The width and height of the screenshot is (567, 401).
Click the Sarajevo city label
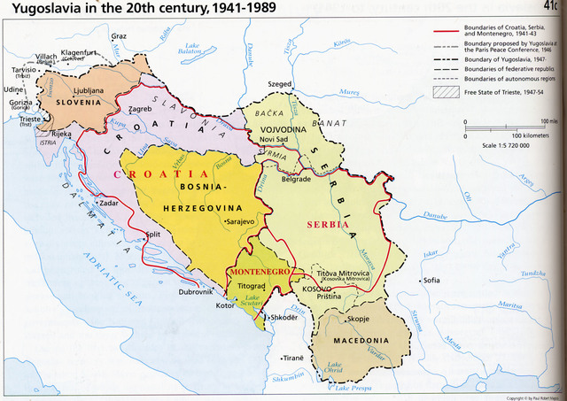pos(244,221)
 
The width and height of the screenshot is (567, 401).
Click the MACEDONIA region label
pos(361,341)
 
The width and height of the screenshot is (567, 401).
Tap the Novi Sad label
pos(276,140)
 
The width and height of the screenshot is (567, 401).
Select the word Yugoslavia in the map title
pos(51,11)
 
